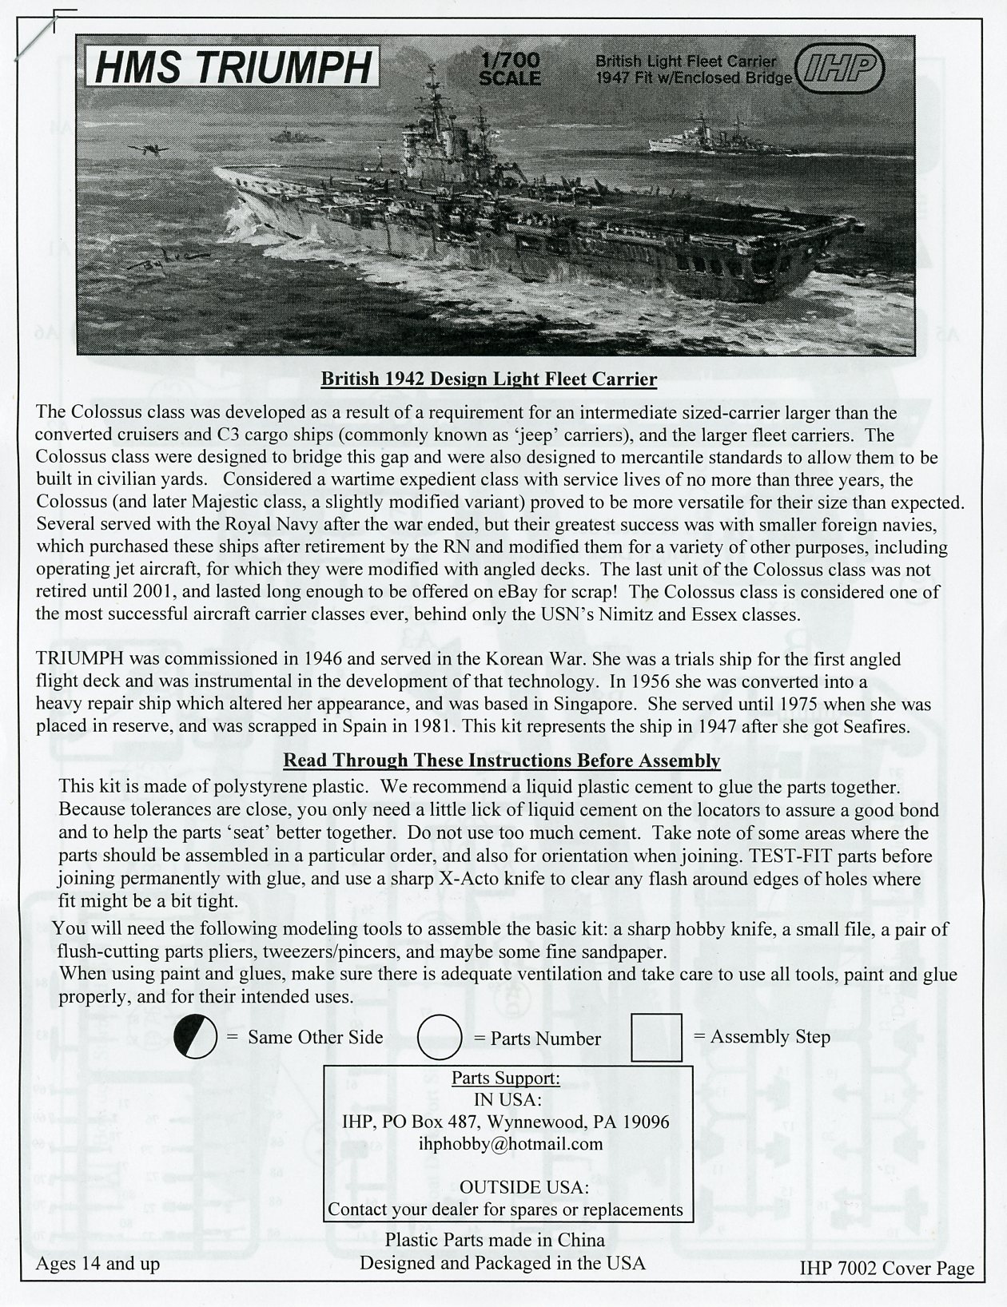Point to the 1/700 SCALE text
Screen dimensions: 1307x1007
coord(510,70)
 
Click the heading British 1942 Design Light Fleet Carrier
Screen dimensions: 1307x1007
coord(488,379)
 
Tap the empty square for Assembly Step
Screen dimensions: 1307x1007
coord(656,1037)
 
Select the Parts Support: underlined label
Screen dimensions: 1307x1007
coord(506,1078)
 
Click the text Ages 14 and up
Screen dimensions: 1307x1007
coord(98,1263)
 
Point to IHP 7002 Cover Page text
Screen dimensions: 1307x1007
coord(886,1268)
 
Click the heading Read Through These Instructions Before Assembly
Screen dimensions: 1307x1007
coord(502,761)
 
